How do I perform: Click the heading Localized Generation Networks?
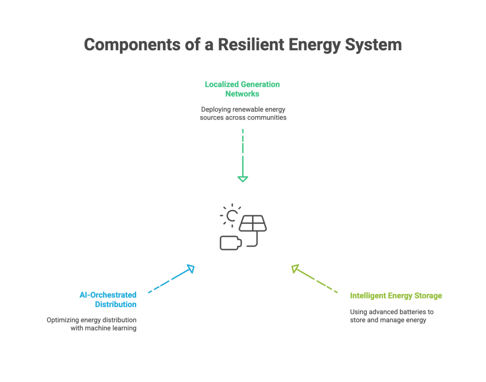pos(243,89)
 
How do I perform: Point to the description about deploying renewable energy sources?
pos(243,113)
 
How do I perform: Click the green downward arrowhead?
pos(243,179)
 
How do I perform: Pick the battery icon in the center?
pos(230,243)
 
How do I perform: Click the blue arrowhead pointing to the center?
pos(190,269)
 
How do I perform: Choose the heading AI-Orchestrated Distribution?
pos(109,300)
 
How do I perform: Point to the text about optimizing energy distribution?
pos(92,324)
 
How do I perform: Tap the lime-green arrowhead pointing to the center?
pos(295,269)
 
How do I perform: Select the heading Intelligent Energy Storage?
pos(396,296)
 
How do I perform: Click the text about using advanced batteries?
pos(392,316)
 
